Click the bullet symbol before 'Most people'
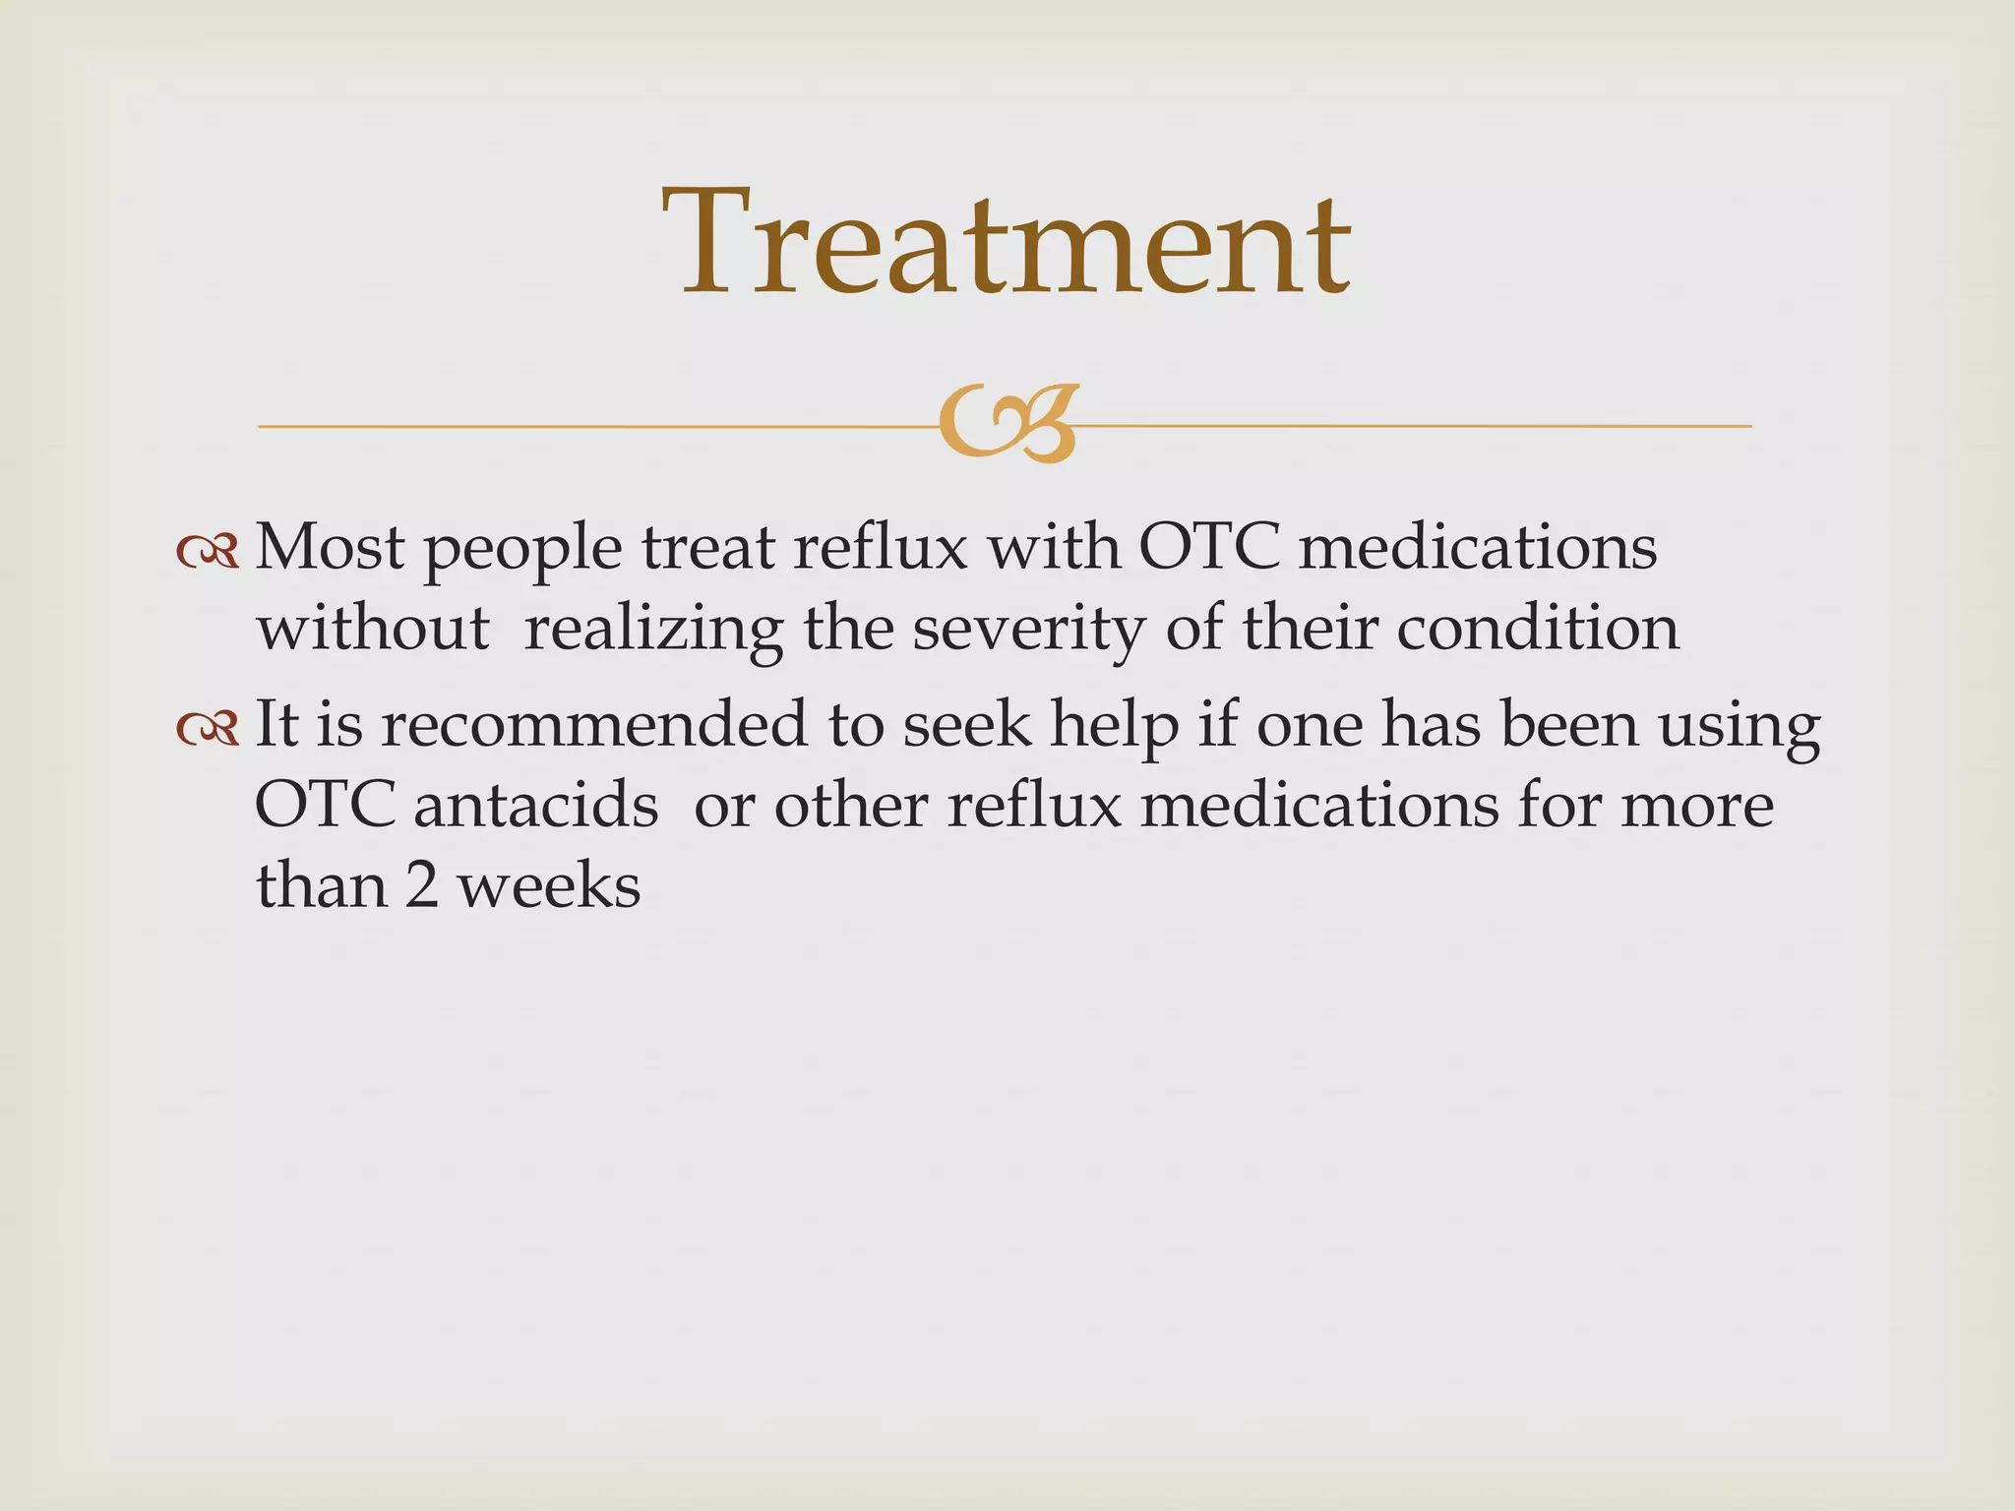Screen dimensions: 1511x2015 coord(208,552)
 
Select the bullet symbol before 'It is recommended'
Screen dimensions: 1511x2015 coord(208,728)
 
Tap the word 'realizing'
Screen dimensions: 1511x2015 coord(653,631)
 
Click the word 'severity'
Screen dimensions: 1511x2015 coord(1028,631)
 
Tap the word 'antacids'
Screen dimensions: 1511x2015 coord(535,806)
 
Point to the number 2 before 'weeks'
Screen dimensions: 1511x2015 coord(421,885)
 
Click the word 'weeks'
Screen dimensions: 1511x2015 coord(549,885)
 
